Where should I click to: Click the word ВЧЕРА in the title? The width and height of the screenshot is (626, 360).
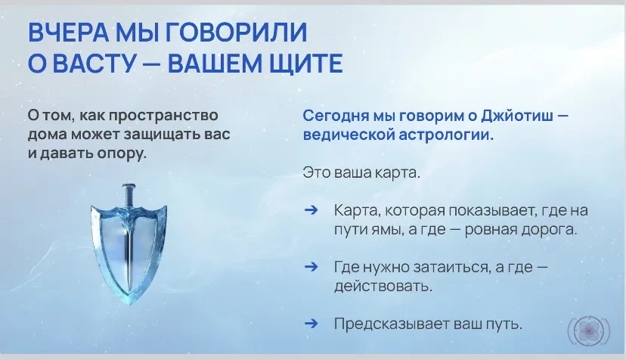[x=68, y=32]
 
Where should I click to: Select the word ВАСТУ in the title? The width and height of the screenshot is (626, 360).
[x=95, y=64]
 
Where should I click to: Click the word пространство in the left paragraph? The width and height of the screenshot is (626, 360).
[x=163, y=116]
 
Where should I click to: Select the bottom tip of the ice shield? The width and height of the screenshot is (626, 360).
[x=130, y=304]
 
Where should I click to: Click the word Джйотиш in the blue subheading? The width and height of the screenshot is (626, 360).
[x=517, y=116]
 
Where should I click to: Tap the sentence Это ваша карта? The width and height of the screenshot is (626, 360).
[x=361, y=173]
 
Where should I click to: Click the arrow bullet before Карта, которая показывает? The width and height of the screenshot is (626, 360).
[x=311, y=210]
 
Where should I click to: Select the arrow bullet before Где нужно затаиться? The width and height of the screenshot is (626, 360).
[x=311, y=266]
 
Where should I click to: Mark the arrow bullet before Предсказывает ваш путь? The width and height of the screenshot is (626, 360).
[x=311, y=323]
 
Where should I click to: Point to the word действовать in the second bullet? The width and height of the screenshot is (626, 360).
[x=383, y=287]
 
